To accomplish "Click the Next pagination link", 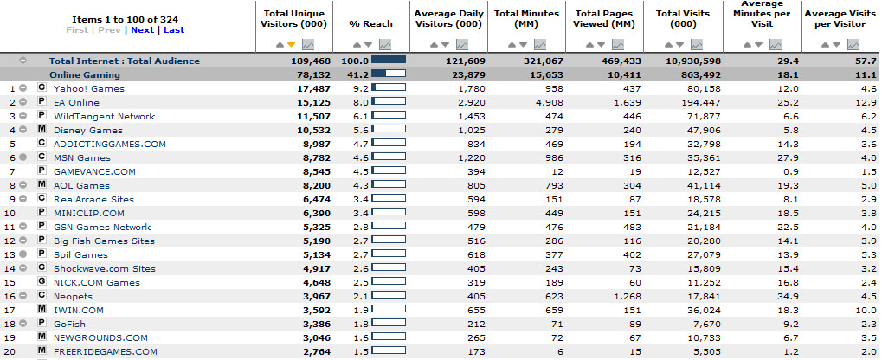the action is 142,29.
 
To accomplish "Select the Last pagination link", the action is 174,29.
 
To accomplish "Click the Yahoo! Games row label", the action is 89,88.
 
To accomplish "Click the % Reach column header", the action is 370,23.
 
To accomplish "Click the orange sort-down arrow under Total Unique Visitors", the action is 291,44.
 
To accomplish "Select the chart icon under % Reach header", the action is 385,44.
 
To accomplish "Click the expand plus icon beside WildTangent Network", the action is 23,116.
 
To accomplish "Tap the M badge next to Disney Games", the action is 41,130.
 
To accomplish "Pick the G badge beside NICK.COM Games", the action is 41,282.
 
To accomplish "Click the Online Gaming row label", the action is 84,74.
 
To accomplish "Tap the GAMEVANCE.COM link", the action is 94,171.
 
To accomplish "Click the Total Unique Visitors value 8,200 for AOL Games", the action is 318,185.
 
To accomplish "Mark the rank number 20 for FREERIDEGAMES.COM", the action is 9,351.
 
